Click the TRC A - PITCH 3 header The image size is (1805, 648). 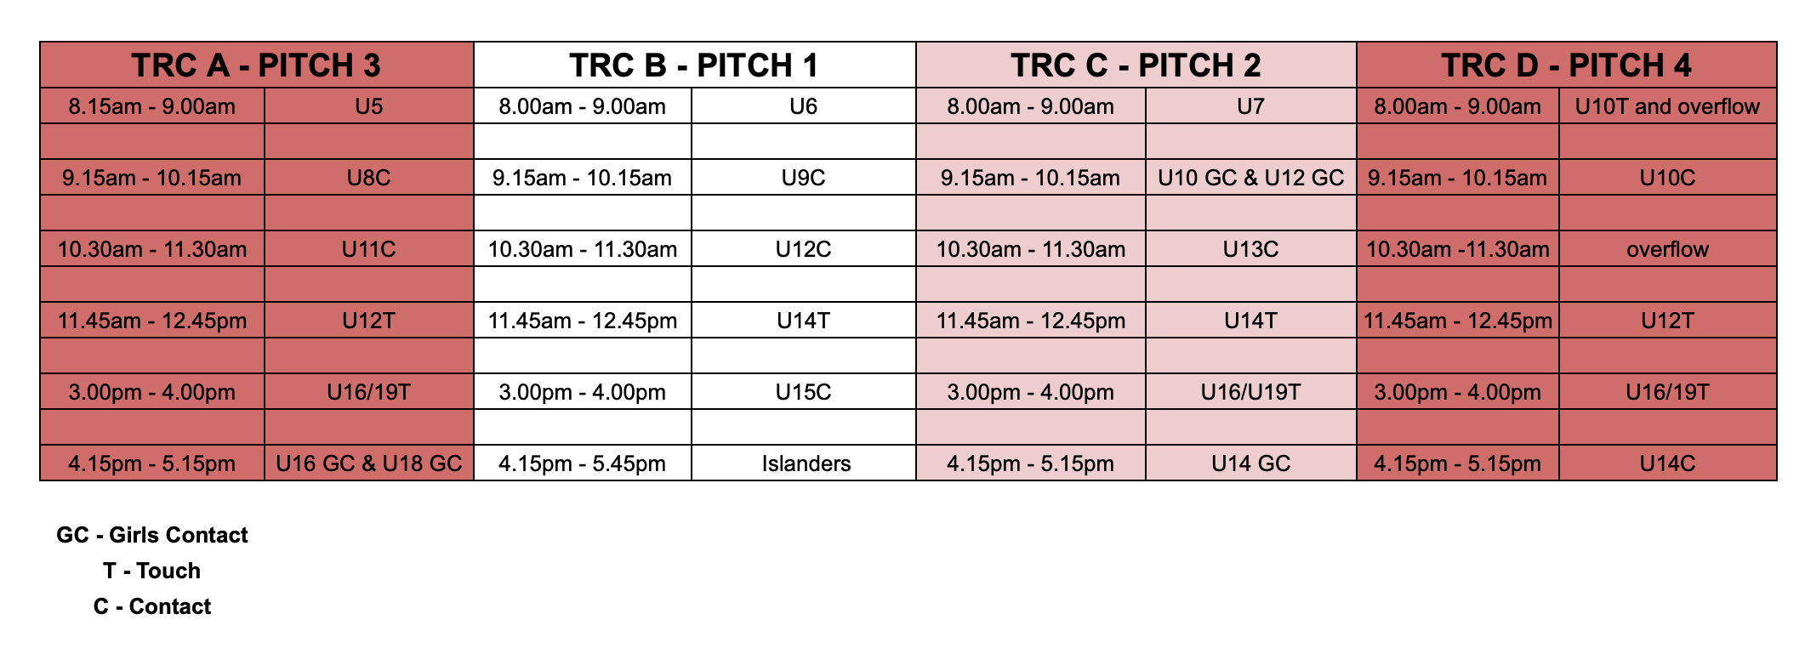click(256, 65)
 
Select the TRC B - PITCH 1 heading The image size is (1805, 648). click(694, 65)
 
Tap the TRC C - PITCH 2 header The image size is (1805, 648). click(1136, 65)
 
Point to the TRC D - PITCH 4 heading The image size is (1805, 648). click(1566, 65)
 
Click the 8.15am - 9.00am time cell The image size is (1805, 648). click(152, 106)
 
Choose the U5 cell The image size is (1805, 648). click(369, 106)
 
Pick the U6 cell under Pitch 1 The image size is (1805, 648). click(804, 106)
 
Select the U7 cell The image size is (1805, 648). click(1250, 106)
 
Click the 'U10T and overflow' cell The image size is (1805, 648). click(1667, 106)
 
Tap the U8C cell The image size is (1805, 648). click(369, 178)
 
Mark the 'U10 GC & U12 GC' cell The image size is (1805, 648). click(1250, 178)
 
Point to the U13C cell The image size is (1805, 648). click(1250, 249)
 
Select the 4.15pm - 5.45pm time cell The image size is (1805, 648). click(583, 463)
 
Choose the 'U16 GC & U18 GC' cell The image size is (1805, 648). click(369, 463)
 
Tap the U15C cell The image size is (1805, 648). click(804, 392)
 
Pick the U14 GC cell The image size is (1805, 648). click(1250, 463)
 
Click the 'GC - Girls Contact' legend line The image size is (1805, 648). click(152, 535)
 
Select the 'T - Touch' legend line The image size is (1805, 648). click(152, 571)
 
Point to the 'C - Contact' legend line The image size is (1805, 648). click(152, 606)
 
